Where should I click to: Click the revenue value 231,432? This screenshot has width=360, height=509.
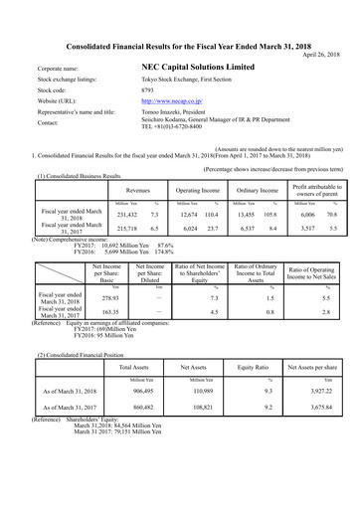point(126,214)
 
